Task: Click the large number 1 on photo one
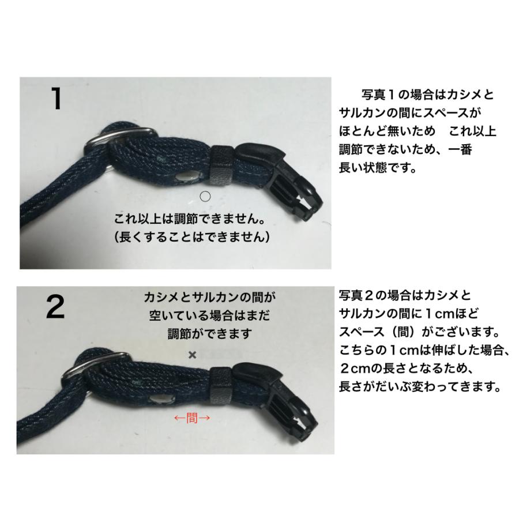click(55, 99)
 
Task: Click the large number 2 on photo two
click(55, 308)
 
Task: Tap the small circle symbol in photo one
click(205, 196)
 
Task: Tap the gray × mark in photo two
click(192, 355)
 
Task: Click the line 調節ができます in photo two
click(209, 333)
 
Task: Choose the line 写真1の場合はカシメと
click(427, 95)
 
